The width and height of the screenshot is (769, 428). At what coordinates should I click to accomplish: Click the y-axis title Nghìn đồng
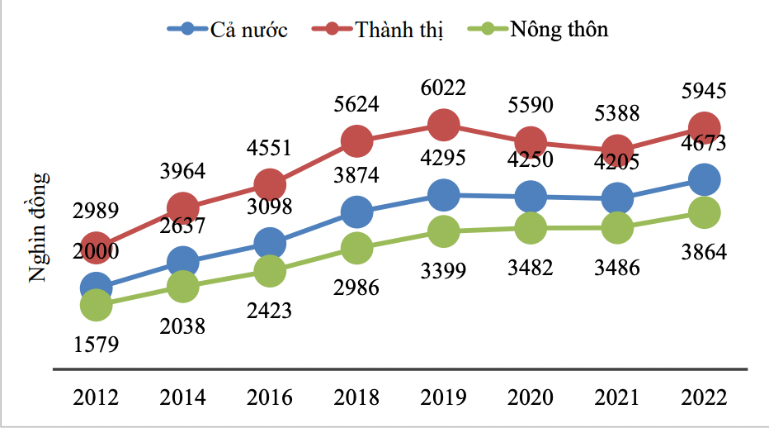point(40,227)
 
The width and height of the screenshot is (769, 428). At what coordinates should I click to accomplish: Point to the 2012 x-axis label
point(96,397)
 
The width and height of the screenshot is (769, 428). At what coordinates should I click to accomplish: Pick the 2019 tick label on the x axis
point(443,397)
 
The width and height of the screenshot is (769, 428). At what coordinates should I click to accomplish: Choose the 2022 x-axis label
point(703,397)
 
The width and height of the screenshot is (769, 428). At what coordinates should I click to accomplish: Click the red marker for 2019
point(443,125)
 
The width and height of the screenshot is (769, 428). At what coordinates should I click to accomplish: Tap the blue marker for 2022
point(703,179)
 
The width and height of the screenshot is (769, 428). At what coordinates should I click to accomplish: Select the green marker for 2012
point(96,305)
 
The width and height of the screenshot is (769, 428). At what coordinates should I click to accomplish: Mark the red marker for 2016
point(270,183)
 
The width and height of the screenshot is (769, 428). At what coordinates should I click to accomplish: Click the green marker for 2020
point(530,227)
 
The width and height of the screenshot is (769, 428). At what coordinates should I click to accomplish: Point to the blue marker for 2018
point(356,212)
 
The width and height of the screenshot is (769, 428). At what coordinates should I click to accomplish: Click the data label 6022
point(443,88)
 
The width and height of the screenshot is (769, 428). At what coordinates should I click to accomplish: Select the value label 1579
point(96,343)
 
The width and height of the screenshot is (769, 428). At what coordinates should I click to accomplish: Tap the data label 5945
point(703,90)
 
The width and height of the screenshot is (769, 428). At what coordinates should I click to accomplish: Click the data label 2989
point(96,210)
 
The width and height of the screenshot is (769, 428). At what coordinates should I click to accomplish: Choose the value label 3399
point(443,270)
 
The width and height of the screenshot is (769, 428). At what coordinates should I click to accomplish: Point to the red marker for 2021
point(616,150)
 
